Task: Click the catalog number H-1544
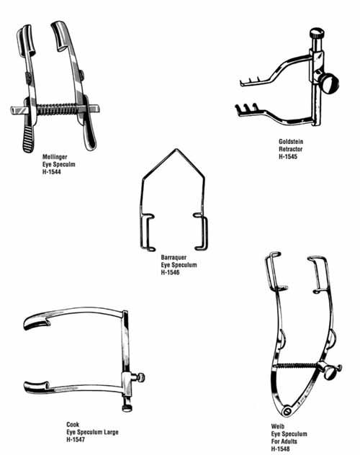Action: click(x=52, y=172)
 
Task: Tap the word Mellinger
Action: click(x=55, y=157)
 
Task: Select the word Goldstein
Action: click(x=291, y=142)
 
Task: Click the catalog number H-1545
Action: click(x=288, y=157)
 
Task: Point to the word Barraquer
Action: click(x=174, y=258)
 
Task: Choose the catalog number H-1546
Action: click(x=171, y=272)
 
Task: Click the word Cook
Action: click(x=73, y=425)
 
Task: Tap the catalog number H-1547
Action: click(x=76, y=440)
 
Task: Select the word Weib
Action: click(x=278, y=426)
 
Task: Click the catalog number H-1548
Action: click(x=281, y=449)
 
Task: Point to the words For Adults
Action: click(x=284, y=441)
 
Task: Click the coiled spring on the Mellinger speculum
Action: click(x=58, y=109)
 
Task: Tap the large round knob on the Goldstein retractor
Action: click(x=330, y=83)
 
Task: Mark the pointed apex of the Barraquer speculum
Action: click(x=176, y=149)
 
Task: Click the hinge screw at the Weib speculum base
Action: click(x=287, y=411)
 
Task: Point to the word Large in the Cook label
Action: click(x=111, y=432)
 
